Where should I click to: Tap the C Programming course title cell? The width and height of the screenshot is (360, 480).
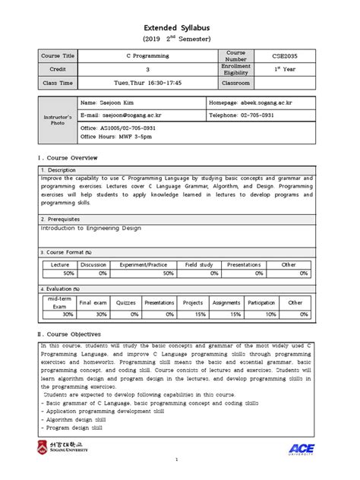click(x=148, y=56)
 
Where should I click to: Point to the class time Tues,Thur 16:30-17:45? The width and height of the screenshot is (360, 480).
click(x=148, y=82)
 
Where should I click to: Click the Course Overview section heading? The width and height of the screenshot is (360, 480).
click(x=68, y=156)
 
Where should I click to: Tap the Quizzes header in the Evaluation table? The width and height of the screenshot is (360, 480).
click(x=125, y=302)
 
